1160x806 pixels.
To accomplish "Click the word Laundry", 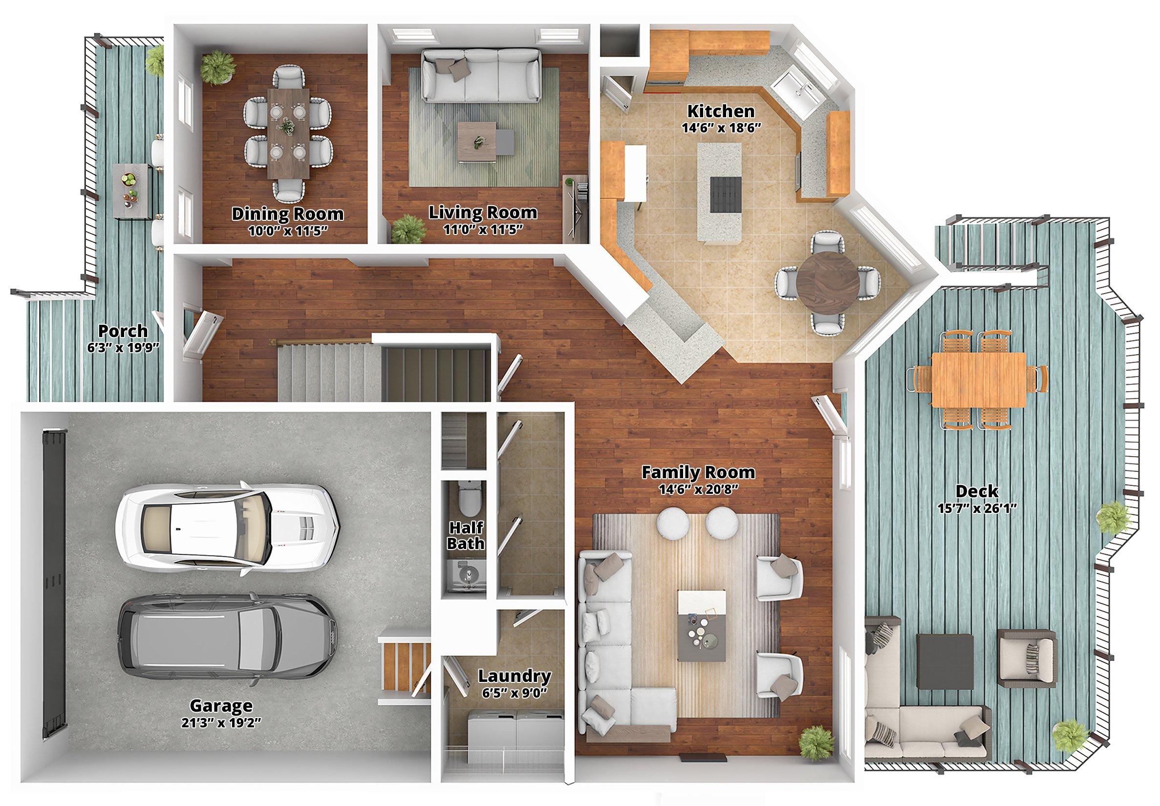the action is click(515, 676).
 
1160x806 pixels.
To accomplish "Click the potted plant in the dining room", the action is click(218, 66).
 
